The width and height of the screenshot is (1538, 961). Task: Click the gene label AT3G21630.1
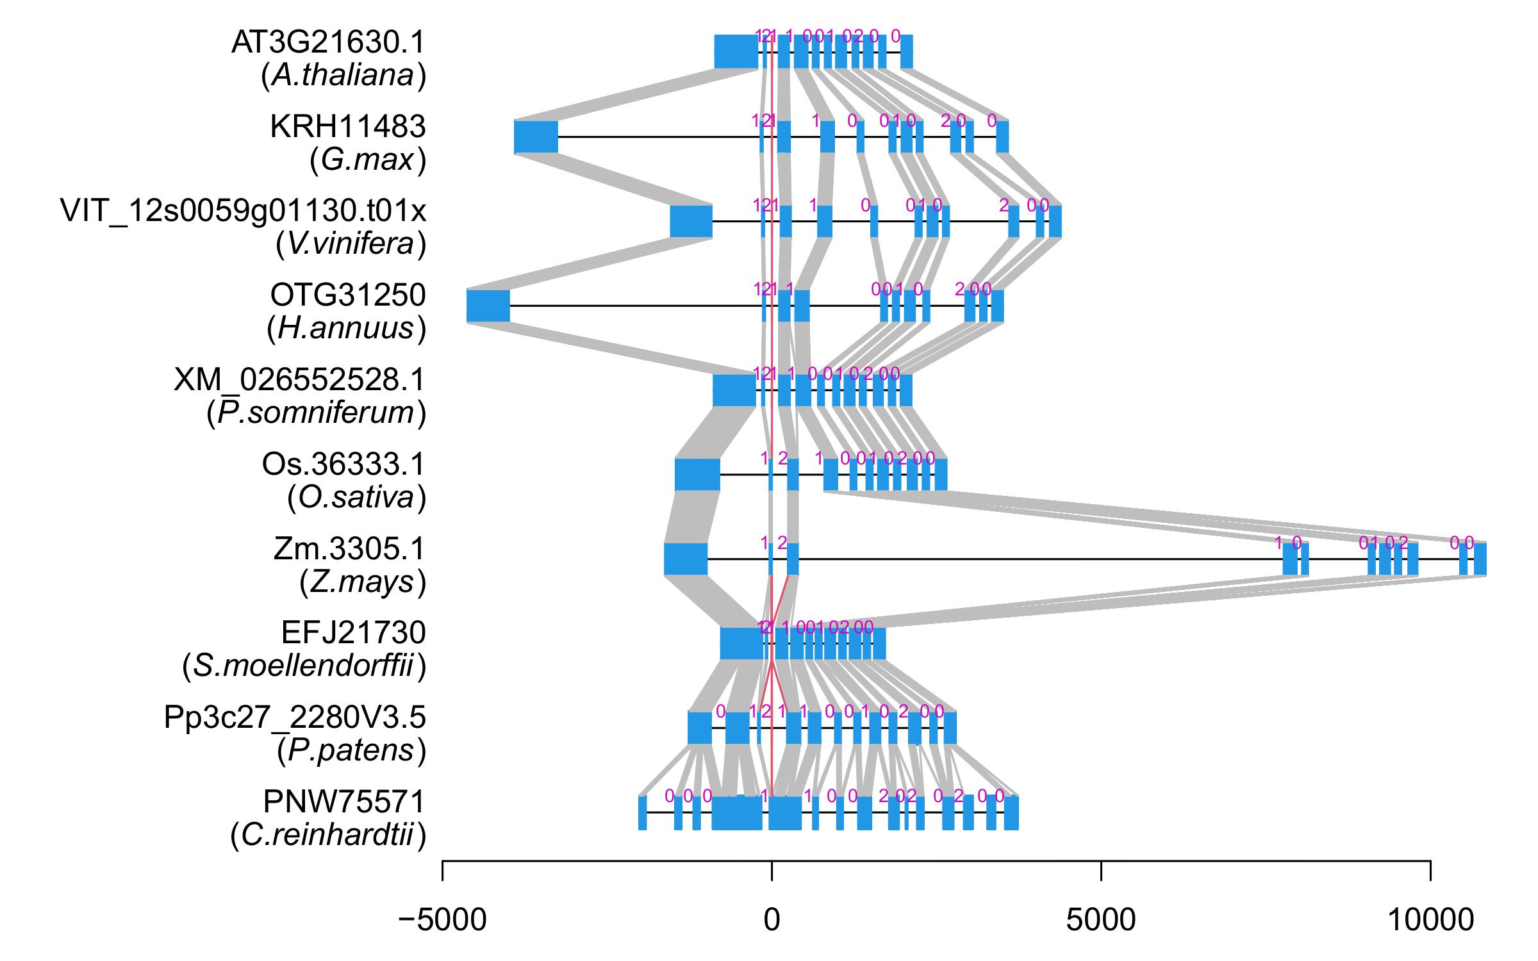pyautogui.click(x=328, y=43)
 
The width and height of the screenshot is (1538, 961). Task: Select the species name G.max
pyautogui.click(x=368, y=160)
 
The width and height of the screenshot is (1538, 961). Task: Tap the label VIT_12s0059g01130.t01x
pyautogui.click(x=243, y=211)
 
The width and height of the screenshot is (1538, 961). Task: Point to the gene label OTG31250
pyautogui.click(x=347, y=295)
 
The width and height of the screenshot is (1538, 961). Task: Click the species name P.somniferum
pyautogui.click(x=317, y=413)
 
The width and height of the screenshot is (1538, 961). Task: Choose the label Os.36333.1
pyautogui.click(x=343, y=464)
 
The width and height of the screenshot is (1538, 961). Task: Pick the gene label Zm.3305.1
pyautogui.click(x=349, y=549)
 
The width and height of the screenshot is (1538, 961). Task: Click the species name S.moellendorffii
pyautogui.click(x=304, y=667)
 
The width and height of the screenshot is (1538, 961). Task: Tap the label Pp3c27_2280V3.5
pyautogui.click(x=295, y=718)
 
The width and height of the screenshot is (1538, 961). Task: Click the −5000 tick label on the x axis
pyautogui.click(x=442, y=921)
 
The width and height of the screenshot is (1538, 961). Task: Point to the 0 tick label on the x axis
pyautogui.click(x=772, y=921)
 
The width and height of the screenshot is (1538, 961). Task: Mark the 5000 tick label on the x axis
pyautogui.click(x=1100, y=921)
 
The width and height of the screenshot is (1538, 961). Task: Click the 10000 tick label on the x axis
pyautogui.click(x=1430, y=921)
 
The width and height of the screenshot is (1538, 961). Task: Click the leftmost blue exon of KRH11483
pyautogui.click(x=536, y=136)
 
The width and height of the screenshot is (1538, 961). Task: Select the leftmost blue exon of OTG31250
pyautogui.click(x=488, y=306)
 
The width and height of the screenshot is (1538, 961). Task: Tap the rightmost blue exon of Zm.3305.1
pyautogui.click(x=1480, y=559)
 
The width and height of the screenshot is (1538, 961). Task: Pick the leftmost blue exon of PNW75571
pyautogui.click(x=642, y=813)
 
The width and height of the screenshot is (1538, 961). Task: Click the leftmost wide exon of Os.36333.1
pyautogui.click(x=697, y=475)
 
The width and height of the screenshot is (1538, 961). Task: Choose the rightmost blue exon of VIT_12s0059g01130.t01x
pyautogui.click(x=1055, y=221)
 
